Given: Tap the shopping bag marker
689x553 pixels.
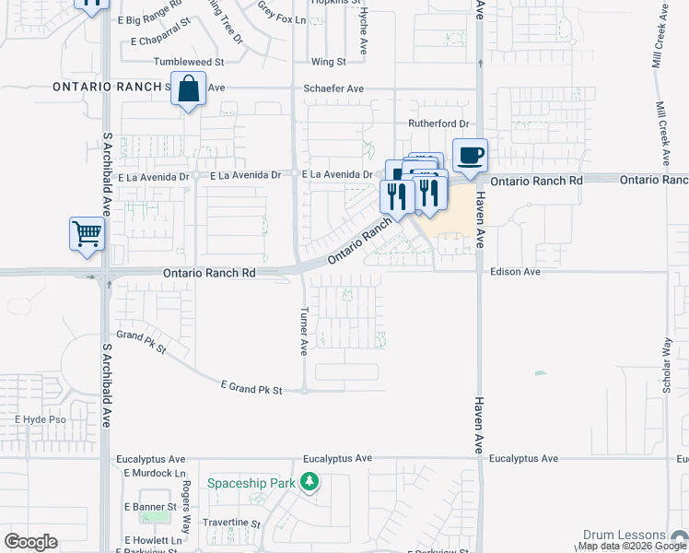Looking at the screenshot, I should pos(188,89).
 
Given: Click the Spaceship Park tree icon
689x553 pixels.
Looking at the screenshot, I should pos(311,482).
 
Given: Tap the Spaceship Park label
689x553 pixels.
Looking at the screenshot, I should pos(252,483).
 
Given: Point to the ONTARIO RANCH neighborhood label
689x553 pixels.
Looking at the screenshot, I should pos(108,88).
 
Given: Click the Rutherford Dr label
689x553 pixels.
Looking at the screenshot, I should pos(438,124).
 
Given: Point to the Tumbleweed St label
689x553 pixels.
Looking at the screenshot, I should pos(189,62).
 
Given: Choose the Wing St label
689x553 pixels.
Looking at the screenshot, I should pos(328,62).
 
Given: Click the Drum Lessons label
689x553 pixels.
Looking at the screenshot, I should pos(624,535).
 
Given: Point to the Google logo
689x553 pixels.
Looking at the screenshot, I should pos(30,542).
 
